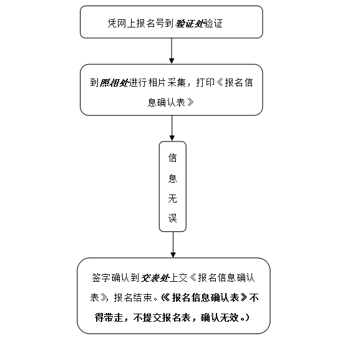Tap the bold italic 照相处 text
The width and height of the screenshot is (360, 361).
pos(114,82)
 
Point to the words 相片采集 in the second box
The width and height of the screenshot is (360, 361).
pos(167,82)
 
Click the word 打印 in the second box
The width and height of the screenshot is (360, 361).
pos(205,82)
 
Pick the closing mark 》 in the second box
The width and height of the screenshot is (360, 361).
pos(190,102)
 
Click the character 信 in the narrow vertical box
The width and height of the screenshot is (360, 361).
pos(173,158)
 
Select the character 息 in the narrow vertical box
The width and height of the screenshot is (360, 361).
pos(173,178)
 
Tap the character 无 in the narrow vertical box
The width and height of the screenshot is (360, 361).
pos(173,198)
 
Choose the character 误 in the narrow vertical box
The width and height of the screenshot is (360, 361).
pos(173,218)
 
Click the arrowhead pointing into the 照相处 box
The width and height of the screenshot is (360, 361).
pos(172,60)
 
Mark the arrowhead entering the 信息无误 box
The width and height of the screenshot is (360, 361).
pos(172,138)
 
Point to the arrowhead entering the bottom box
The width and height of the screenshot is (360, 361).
pos(173,254)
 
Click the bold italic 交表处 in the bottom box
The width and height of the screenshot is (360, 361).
pos(155,278)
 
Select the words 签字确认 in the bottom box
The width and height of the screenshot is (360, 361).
pos(111,278)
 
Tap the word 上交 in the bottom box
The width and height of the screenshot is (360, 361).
pos(178,278)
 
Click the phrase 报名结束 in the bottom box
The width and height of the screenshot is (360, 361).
pos(133,297)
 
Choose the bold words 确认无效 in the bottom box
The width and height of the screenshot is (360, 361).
pos(220,318)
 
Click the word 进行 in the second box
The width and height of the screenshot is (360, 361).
pos(138,82)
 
